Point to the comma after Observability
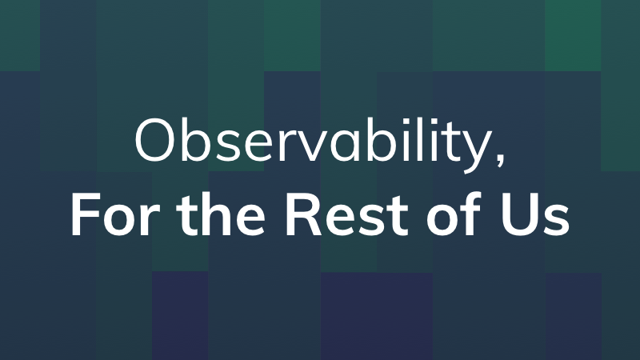click(x=501, y=158)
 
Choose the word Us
click(x=534, y=215)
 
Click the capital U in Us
click(x=518, y=214)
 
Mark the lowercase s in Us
click(x=555, y=220)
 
